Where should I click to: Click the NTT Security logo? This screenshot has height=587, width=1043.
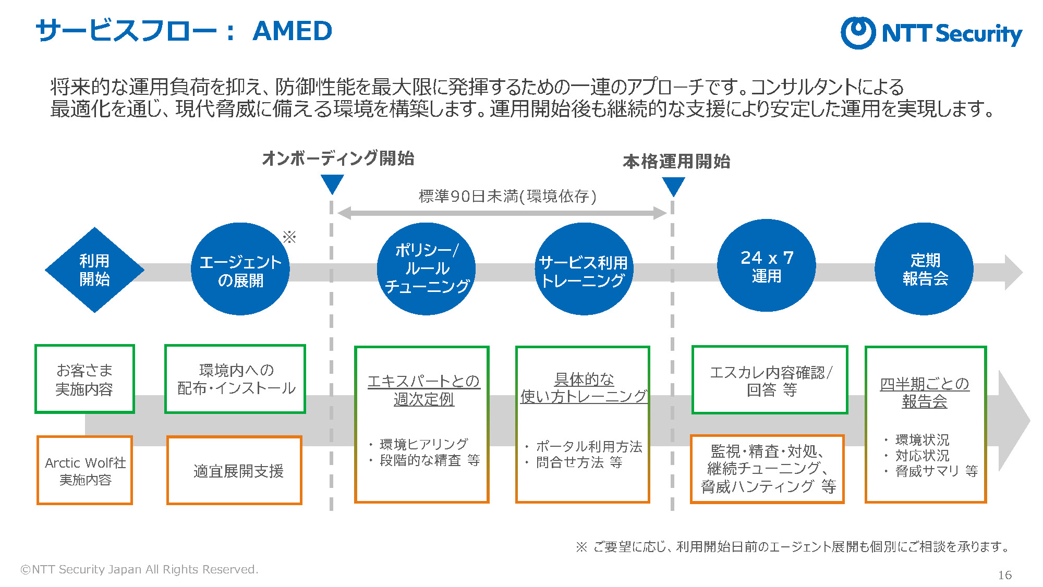(931, 33)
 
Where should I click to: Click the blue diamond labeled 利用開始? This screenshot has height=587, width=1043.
(94, 270)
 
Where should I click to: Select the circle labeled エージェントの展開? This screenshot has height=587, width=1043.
(240, 269)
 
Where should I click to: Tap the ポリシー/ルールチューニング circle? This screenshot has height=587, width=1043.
(426, 269)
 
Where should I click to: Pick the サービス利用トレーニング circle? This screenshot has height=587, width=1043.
(584, 269)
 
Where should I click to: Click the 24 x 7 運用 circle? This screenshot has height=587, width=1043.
(767, 266)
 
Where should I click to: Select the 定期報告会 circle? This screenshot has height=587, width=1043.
(924, 269)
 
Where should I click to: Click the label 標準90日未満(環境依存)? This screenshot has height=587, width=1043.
(507, 196)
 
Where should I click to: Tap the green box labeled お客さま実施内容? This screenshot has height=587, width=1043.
(84, 379)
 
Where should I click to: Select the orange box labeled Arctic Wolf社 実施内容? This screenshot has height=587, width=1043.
(84, 470)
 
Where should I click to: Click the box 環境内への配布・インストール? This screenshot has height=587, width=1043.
(235, 379)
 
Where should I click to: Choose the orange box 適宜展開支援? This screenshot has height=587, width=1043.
(234, 470)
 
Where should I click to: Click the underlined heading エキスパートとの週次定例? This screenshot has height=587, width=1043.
(423, 390)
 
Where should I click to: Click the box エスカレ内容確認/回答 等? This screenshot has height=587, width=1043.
(770, 380)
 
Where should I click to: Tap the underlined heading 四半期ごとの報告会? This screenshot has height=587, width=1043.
(925, 393)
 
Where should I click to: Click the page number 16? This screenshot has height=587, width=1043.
(1004, 575)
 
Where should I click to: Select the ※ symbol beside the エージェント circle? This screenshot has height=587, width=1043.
(289, 237)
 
